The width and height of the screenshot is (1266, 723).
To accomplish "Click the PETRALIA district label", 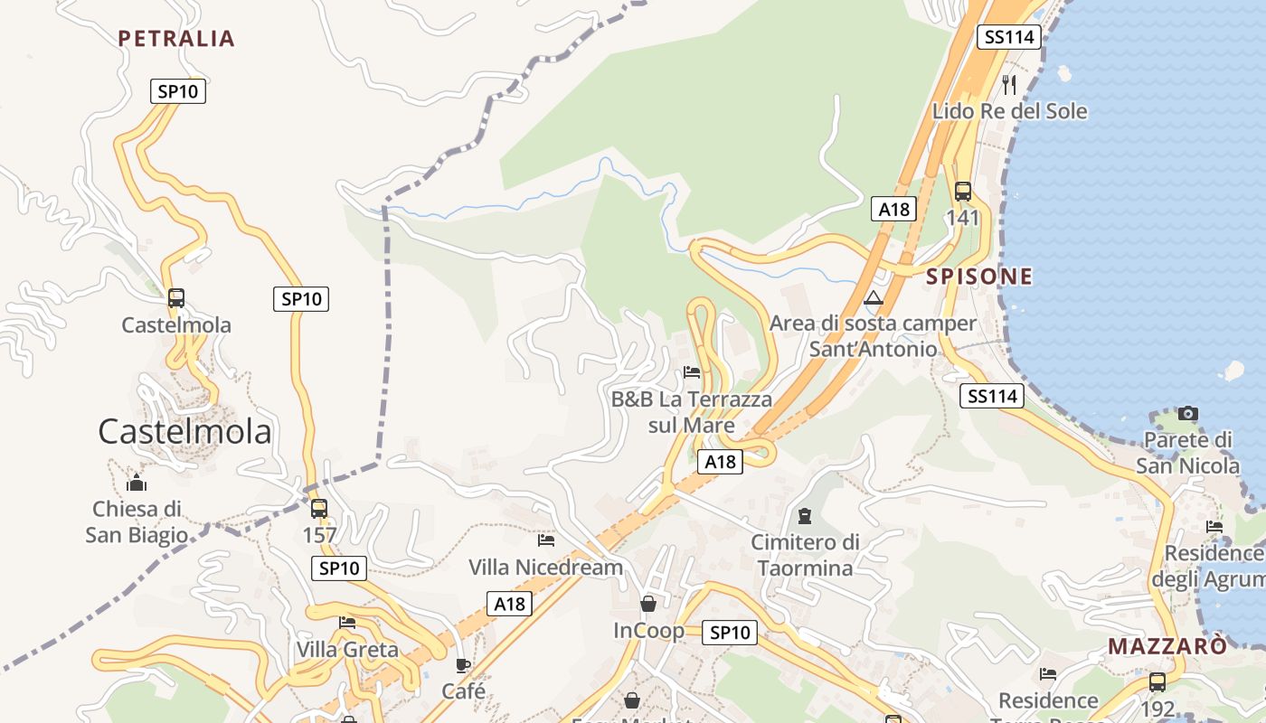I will (x=176, y=38).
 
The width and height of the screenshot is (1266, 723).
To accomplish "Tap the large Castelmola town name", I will (x=184, y=431).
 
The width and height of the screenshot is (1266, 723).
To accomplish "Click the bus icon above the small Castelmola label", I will (x=176, y=298).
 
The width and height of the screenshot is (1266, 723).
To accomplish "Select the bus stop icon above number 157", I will (x=318, y=509).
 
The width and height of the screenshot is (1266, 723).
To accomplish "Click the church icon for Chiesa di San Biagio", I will (x=137, y=483).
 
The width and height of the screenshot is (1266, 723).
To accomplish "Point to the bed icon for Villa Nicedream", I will (x=546, y=540).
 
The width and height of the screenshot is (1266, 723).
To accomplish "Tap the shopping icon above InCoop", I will (x=648, y=604).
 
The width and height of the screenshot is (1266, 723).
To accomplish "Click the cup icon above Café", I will (x=463, y=666).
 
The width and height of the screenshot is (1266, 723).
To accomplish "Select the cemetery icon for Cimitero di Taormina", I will (x=805, y=516).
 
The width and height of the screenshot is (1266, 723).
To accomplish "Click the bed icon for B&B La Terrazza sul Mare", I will (x=692, y=371).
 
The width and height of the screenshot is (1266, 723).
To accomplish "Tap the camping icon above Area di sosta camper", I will (x=873, y=297).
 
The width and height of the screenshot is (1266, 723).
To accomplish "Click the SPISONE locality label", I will (x=978, y=277).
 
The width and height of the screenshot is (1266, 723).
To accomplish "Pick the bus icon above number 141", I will (x=963, y=192).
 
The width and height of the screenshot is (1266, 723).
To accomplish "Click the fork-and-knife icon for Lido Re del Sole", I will (x=1009, y=85).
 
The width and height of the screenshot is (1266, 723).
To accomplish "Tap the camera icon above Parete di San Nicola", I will (x=1188, y=414).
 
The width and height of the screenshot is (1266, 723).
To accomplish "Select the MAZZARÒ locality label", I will (x=1167, y=646).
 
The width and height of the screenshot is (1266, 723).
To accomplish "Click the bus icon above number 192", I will (x=1157, y=682).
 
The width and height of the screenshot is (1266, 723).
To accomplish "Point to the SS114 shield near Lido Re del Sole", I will (x=1009, y=37).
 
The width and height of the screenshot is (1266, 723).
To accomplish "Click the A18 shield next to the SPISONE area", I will (x=894, y=209).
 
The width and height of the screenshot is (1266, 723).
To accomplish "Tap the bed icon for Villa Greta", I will (x=347, y=622).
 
